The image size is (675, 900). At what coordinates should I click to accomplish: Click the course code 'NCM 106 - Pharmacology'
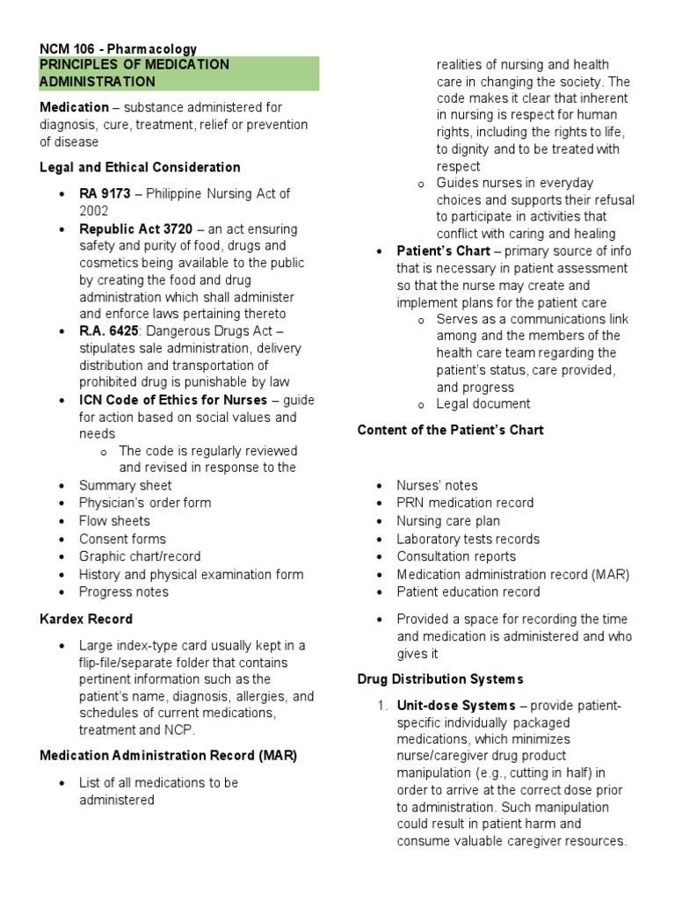(118, 49)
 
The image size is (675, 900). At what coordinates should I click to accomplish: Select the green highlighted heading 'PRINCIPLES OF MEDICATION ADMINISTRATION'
(134, 73)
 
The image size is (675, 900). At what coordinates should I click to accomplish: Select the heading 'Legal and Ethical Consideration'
(140, 167)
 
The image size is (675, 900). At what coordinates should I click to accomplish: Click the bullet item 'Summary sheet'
(125, 485)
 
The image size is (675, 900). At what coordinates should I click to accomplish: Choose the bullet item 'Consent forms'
(122, 539)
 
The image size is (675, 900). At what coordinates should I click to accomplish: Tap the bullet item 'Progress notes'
(124, 592)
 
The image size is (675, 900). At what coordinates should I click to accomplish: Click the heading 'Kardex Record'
(86, 619)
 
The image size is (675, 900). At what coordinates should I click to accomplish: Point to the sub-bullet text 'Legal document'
(483, 403)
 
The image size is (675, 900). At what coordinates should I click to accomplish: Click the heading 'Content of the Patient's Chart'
(450, 430)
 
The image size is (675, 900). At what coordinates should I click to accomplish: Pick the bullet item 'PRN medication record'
(465, 503)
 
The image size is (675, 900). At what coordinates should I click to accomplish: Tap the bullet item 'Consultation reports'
(456, 556)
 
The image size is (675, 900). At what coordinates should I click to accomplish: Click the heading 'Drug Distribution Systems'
(440, 679)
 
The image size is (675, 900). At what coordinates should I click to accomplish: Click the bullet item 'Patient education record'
(468, 592)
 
